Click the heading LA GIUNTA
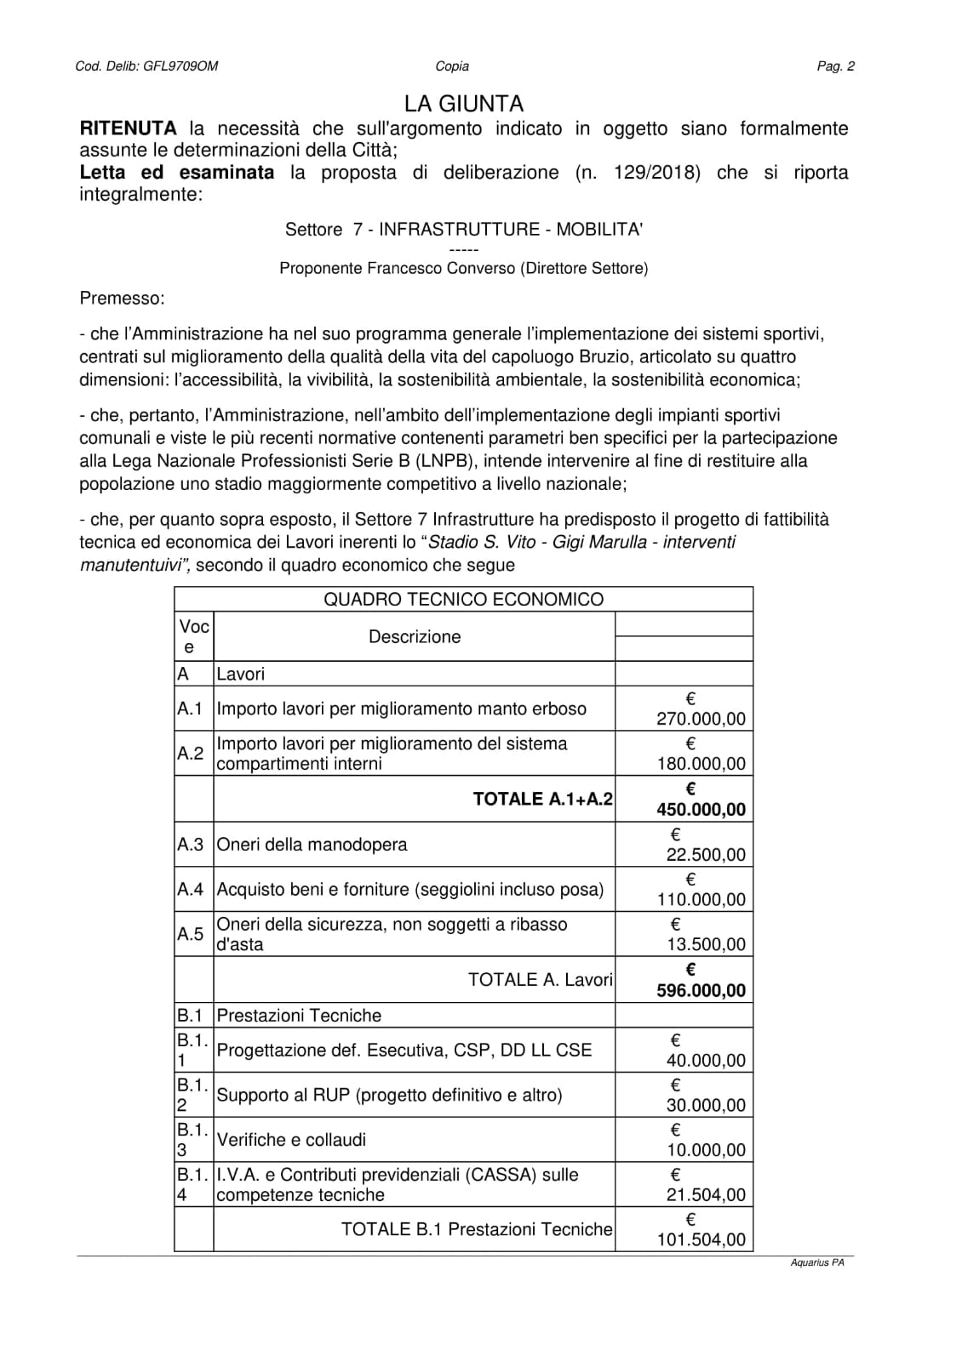coord(464,104)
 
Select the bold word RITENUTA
coord(128,128)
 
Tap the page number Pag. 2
coord(835,66)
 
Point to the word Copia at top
coord(452,66)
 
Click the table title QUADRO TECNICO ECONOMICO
coord(463,599)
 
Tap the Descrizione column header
coord(415,636)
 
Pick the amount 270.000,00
coord(701,719)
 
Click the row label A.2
coord(191,753)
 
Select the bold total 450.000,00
coord(701,809)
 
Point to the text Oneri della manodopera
coord(312,845)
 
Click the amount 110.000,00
coord(701,899)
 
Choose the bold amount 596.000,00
coord(701,990)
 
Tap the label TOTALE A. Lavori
coord(540,979)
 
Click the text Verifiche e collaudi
coord(291,1140)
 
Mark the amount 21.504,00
coord(706,1194)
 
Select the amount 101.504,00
coord(701,1239)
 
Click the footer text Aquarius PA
coord(817,1263)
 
